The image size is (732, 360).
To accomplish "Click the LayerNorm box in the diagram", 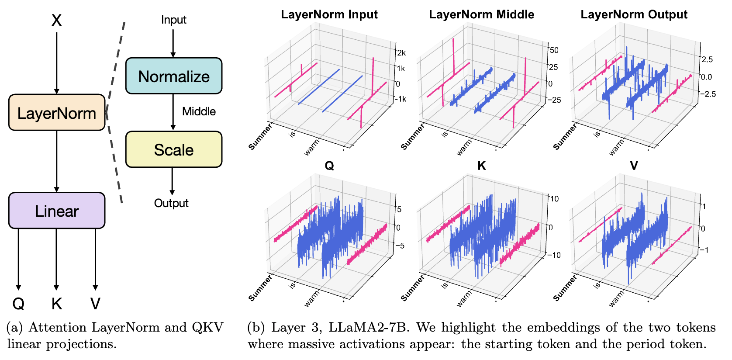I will click(57, 113).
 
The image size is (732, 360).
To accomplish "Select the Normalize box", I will click(174, 76).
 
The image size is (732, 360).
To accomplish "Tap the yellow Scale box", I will click(174, 149).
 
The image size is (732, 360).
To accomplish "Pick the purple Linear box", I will click(57, 211).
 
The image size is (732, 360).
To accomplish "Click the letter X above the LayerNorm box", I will click(56, 20).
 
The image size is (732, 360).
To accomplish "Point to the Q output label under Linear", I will click(18, 303).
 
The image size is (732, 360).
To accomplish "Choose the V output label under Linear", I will click(95, 303).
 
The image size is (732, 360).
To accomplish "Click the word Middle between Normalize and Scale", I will click(199, 111).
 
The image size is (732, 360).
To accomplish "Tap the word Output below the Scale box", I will click(171, 203).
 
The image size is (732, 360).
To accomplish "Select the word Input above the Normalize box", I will click(173, 20).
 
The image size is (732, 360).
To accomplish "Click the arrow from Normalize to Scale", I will click(173, 112).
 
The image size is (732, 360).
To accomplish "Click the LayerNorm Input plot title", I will click(329, 14).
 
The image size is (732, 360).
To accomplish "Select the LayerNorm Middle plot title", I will click(481, 14).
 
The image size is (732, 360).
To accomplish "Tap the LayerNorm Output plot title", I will click(634, 14).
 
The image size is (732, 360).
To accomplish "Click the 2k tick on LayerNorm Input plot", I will click(401, 53).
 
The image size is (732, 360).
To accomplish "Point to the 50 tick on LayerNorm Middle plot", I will click(554, 50).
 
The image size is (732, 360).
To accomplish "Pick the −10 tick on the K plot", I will click(554, 255).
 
